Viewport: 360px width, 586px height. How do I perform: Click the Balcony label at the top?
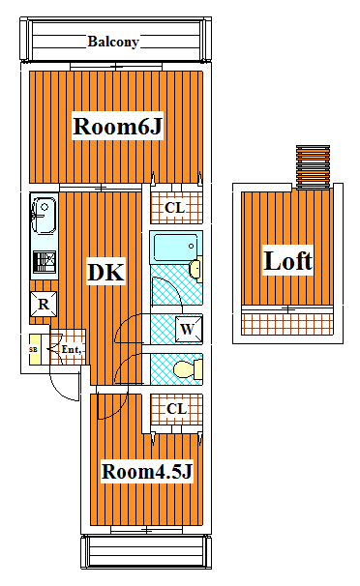click(113, 42)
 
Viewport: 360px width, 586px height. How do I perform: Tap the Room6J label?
click(118, 126)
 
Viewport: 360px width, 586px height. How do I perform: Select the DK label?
click(105, 272)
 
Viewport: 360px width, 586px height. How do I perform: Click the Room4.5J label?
click(147, 471)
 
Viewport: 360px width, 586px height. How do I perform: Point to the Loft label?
click(287, 260)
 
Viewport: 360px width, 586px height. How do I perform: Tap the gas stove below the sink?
click(45, 262)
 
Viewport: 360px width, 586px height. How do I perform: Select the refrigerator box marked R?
click(44, 305)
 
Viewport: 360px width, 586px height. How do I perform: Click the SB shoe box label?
click(33, 350)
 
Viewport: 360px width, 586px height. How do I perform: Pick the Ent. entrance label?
click(72, 349)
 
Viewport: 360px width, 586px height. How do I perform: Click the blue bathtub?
click(176, 248)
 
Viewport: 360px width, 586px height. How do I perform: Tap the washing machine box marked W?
click(189, 329)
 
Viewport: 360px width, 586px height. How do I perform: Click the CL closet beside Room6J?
click(176, 208)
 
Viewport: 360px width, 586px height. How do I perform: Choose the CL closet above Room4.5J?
click(177, 409)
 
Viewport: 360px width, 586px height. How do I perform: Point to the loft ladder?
click(313, 167)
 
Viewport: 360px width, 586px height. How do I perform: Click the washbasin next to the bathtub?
click(195, 269)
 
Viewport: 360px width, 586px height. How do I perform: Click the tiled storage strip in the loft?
click(287, 324)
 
